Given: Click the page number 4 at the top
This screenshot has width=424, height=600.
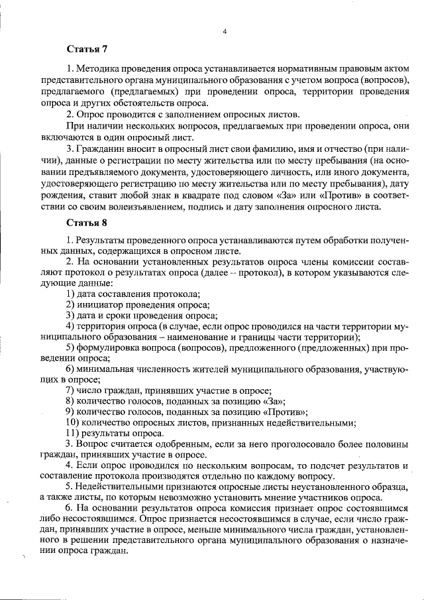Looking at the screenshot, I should click(225, 31).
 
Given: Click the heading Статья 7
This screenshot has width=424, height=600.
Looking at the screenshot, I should click(87, 50).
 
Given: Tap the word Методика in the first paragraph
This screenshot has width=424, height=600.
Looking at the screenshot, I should click(97, 68).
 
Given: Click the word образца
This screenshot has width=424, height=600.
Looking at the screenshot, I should click(394, 490).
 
